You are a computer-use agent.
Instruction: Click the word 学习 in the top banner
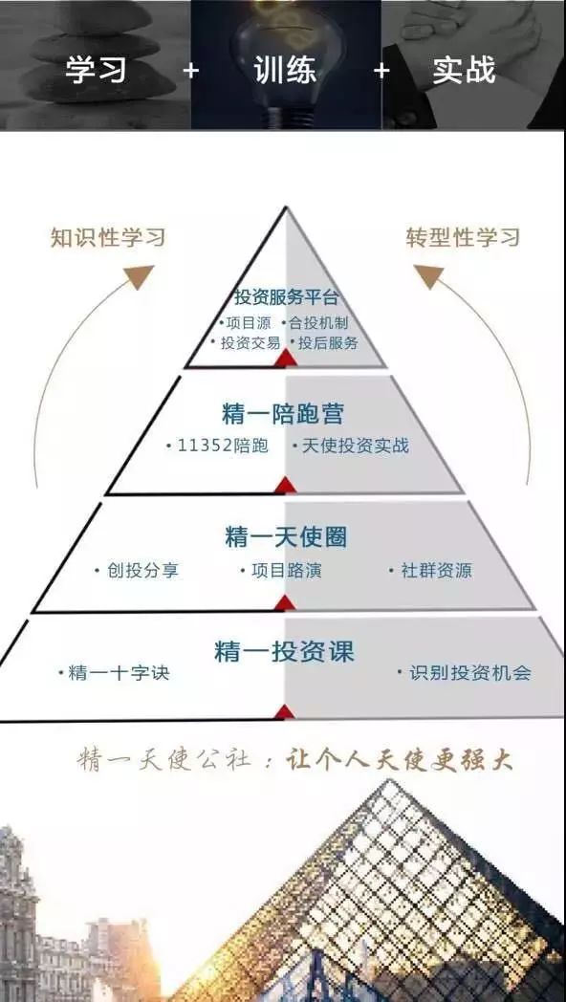pos(97,69)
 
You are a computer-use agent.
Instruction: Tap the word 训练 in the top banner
pos(285,69)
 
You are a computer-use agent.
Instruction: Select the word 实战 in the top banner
pos(465,69)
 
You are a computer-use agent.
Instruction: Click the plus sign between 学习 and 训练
pos(190,71)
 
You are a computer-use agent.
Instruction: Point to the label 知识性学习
pos(108,237)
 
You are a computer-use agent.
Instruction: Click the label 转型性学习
pos(463,237)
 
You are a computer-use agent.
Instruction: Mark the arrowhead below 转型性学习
pos(429,276)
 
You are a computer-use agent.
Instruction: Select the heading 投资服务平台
pos(286,297)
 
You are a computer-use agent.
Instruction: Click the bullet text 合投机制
pos(318,323)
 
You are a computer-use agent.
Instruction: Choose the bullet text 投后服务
pos(328,342)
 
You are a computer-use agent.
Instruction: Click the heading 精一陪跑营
pos(283,414)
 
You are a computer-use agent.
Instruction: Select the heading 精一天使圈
pos(286,536)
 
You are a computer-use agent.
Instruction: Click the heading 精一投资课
pos(284,652)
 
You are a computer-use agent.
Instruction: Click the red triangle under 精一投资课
pos(285,712)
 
